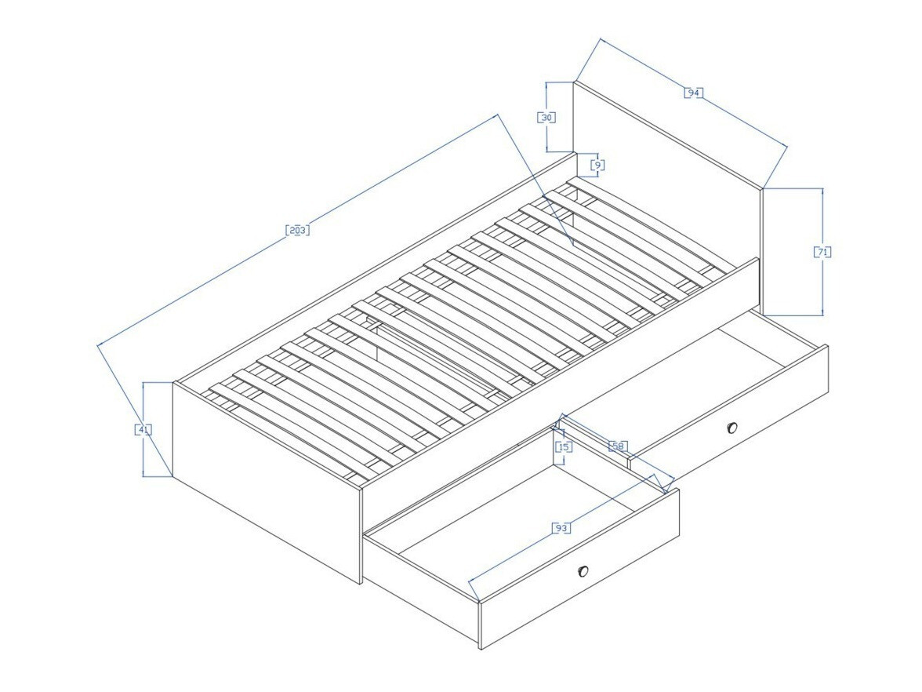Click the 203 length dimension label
tap(297, 230)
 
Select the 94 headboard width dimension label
tap(692, 93)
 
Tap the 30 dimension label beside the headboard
tap(546, 117)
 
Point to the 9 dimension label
tap(597, 165)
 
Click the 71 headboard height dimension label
tap(822, 252)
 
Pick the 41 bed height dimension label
tap(143, 429)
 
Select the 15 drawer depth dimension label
tap(563, 446)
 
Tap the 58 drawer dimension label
tap(618, 446)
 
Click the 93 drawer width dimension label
tap(561, 528)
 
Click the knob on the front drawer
tap(583, 571)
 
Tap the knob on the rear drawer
tap(732, 428)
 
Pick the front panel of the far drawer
tap(737, 408)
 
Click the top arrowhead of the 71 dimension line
tap(822, 191)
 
